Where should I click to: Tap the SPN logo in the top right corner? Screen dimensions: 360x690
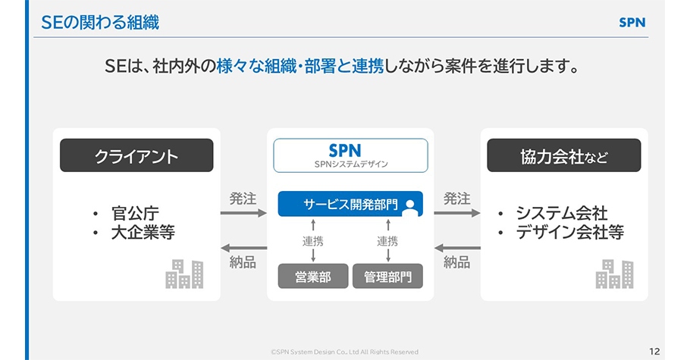632,23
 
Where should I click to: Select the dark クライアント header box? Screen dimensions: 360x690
136,156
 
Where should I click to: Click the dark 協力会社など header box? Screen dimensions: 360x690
563,156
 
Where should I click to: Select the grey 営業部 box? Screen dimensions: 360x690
312,277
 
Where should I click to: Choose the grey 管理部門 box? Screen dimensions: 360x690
387,277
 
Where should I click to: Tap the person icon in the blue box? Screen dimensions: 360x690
410,204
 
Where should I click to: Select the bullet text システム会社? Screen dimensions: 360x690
561,213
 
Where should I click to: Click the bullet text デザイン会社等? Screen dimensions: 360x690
569,233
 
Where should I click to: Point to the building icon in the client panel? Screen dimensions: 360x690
184,274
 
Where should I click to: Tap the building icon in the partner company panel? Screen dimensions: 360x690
614,274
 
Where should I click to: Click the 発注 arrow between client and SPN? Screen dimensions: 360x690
243,213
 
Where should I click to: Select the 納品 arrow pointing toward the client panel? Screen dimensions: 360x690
243,249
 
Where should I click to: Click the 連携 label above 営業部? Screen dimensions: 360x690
312,242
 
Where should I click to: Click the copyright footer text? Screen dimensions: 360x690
344,352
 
